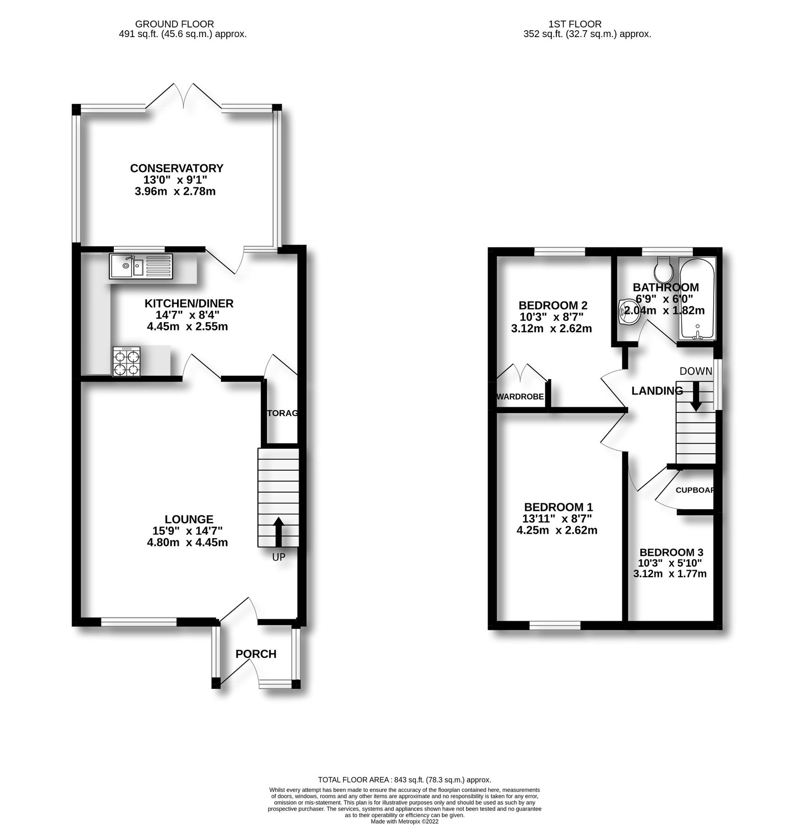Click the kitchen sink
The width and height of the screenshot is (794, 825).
click(x=141, y=266)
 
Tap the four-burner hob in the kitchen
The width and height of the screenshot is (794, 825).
click(x=127, y=362)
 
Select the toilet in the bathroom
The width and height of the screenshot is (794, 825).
click(x=664, y=269)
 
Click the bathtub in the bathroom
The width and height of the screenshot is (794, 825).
click(x=697, y=299)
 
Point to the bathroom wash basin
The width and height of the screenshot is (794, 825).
click(x=627, y=313)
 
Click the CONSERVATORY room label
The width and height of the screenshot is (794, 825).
click(x=177, y=168)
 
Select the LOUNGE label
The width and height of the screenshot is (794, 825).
click(x=189, y=519)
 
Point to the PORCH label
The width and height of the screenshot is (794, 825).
click(x=256, y=654)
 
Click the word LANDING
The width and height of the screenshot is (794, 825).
click(x=657, y=390)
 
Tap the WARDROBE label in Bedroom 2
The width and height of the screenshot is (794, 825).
click(x=520, y=396)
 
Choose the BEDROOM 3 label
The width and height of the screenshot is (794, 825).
click(x=671, y=552)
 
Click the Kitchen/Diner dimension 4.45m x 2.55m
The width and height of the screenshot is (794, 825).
click(x=187, y=327)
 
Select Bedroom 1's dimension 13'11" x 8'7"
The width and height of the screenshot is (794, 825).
click(x=557, y=519)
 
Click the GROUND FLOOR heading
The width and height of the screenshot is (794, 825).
click(x=174, y=24)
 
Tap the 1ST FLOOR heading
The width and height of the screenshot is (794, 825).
click(x=575, y=24)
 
